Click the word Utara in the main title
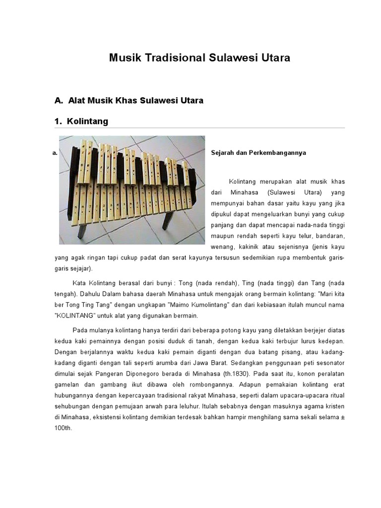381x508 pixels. (274, 58)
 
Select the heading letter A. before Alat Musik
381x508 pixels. (59, 101)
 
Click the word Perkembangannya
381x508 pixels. (280, 153)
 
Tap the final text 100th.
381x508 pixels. (64, 429)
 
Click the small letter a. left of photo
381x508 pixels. (54, 153)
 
